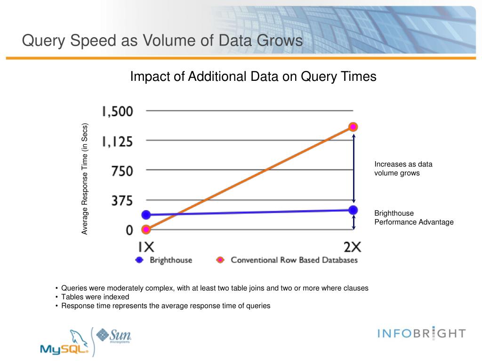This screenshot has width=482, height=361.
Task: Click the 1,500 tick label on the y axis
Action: pos(117,111)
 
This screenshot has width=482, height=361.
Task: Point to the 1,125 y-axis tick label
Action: pos(117,141)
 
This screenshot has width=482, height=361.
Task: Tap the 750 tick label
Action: pos(122,171)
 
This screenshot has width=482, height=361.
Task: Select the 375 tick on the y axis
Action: pos(122,200)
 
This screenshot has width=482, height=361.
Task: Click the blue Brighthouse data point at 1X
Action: pos(146,215)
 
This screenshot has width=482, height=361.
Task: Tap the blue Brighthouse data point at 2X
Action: pos(353,210)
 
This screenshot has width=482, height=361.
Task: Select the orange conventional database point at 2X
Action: pos(353,126)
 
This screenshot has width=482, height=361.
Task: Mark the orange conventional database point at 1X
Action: pos(146,229)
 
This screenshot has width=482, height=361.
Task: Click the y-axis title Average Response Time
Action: pos(85,179)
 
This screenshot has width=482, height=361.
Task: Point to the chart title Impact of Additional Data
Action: pos(253,76)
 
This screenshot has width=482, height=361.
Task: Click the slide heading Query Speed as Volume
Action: pos(162,40)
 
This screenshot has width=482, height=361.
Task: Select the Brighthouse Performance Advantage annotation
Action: pos(414,218)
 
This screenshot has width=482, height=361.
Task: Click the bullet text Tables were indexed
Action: pos(95,297)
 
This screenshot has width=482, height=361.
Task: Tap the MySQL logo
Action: pos(64,343)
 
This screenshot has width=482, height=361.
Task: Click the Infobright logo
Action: pos(422,334)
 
